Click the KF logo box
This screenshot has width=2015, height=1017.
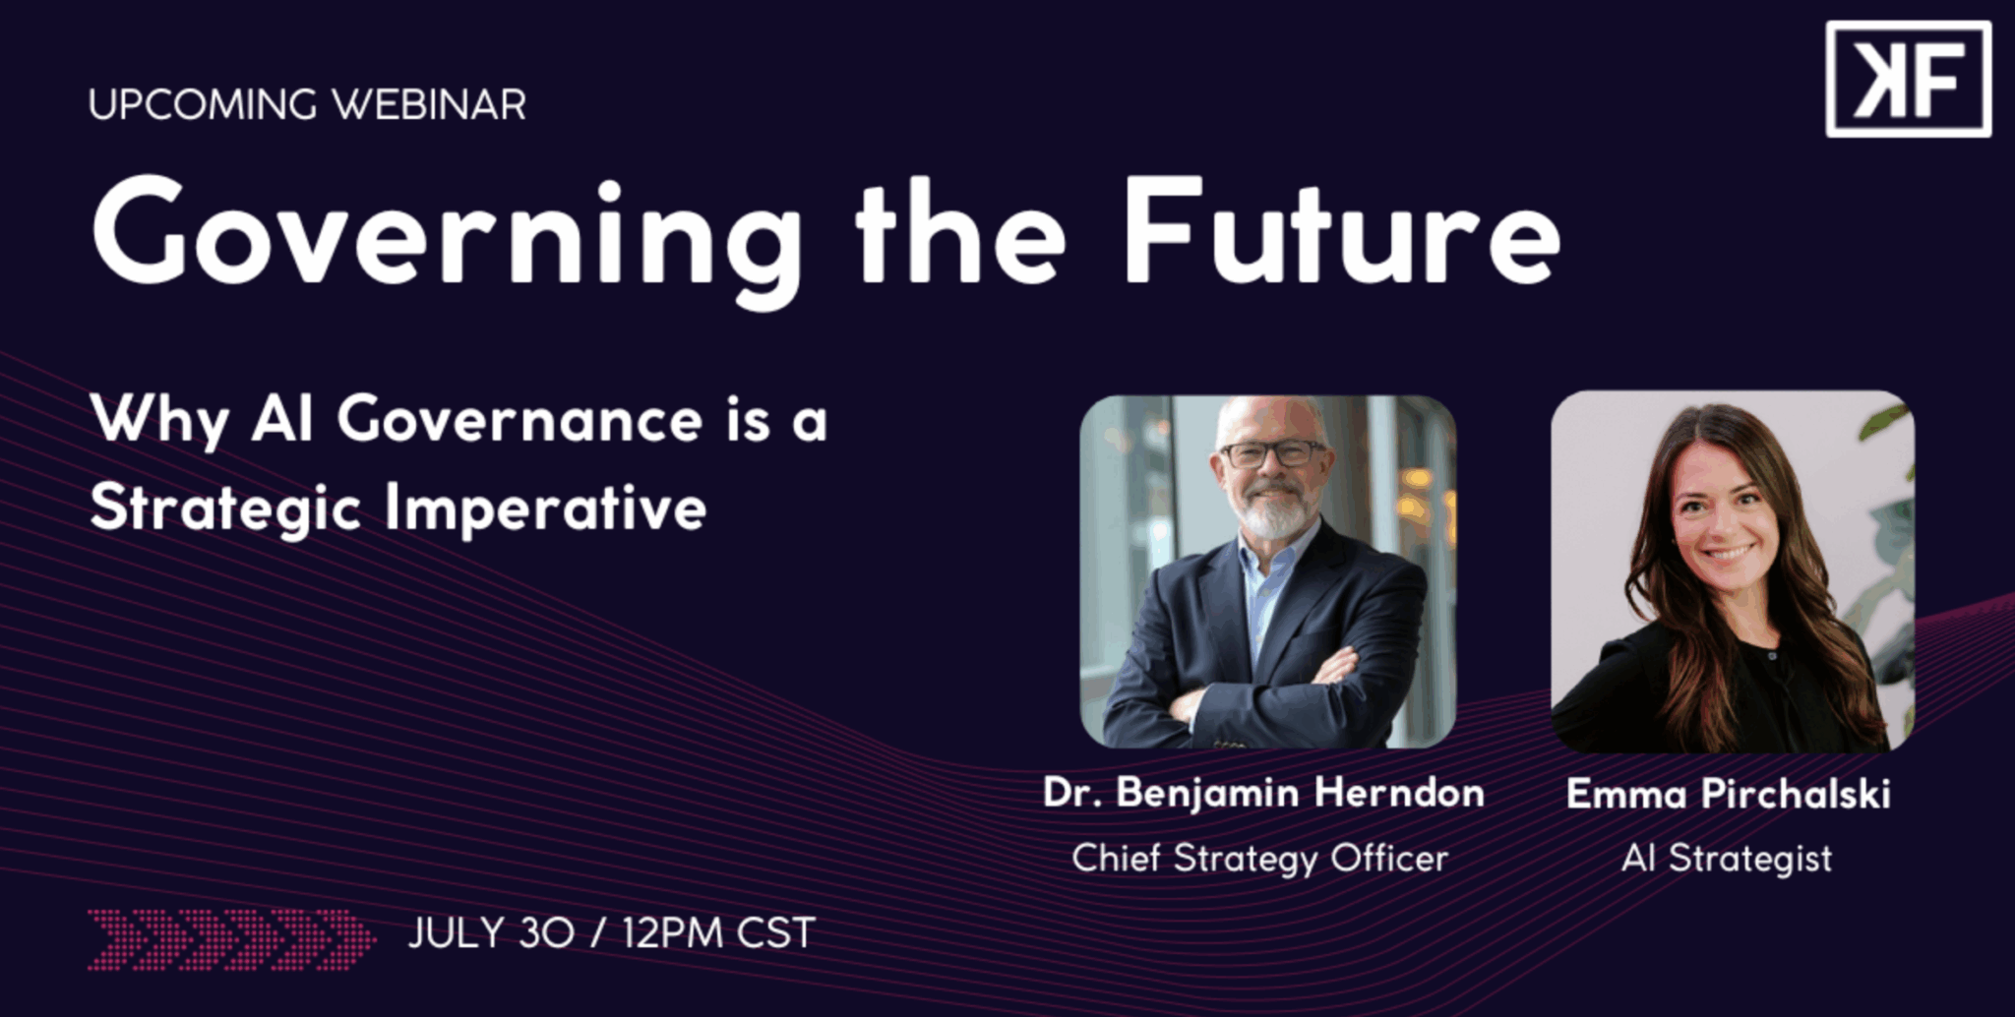click(1908, 79)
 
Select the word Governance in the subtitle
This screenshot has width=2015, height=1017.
click(519, 421)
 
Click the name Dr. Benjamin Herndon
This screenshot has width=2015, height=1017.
click(1264, 794)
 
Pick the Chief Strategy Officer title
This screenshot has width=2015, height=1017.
click(1260, 859)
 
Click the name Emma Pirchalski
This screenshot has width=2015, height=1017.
click(1729, 794)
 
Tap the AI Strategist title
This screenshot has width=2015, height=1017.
click(1727, 859)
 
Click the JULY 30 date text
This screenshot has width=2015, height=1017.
click(491, 933)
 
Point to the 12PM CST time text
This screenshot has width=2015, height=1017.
click(719, 933)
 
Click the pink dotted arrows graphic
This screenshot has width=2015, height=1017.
click(231, 940)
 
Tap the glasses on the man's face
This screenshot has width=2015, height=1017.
click(1273, 453)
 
